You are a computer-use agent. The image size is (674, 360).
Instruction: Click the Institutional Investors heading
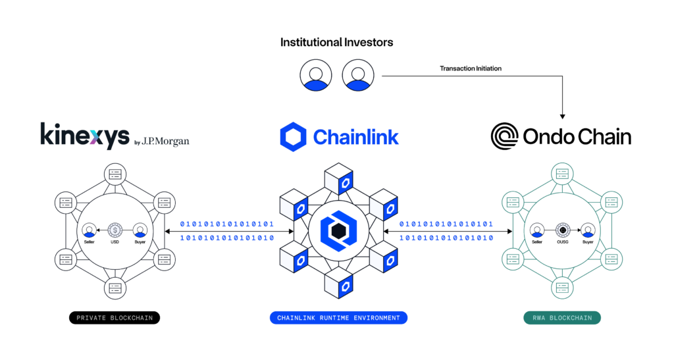pyautogui.click(x=336, y=42)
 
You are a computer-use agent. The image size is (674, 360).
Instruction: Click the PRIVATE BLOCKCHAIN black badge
pyautogui.click(x=115, y=318)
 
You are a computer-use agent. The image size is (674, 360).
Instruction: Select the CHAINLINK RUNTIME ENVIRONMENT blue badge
pyautogui.click(x=338, y=318)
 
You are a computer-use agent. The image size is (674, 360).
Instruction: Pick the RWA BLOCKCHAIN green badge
pyautogui.click(x=561, y=318)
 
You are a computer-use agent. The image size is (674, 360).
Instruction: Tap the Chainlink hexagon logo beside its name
pyautogui.click(x=293, y=136)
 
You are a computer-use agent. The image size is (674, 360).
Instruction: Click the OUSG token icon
pyautogui.click(x=563, y=230)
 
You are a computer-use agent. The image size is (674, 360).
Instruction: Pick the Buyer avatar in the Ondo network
pyautogui.click(x=588, y=230)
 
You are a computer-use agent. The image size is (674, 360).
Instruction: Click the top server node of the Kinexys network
pyautogui.click(x=115, y=174)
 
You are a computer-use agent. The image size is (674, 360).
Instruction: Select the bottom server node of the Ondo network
pyautogui.click(x=562, y=287)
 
